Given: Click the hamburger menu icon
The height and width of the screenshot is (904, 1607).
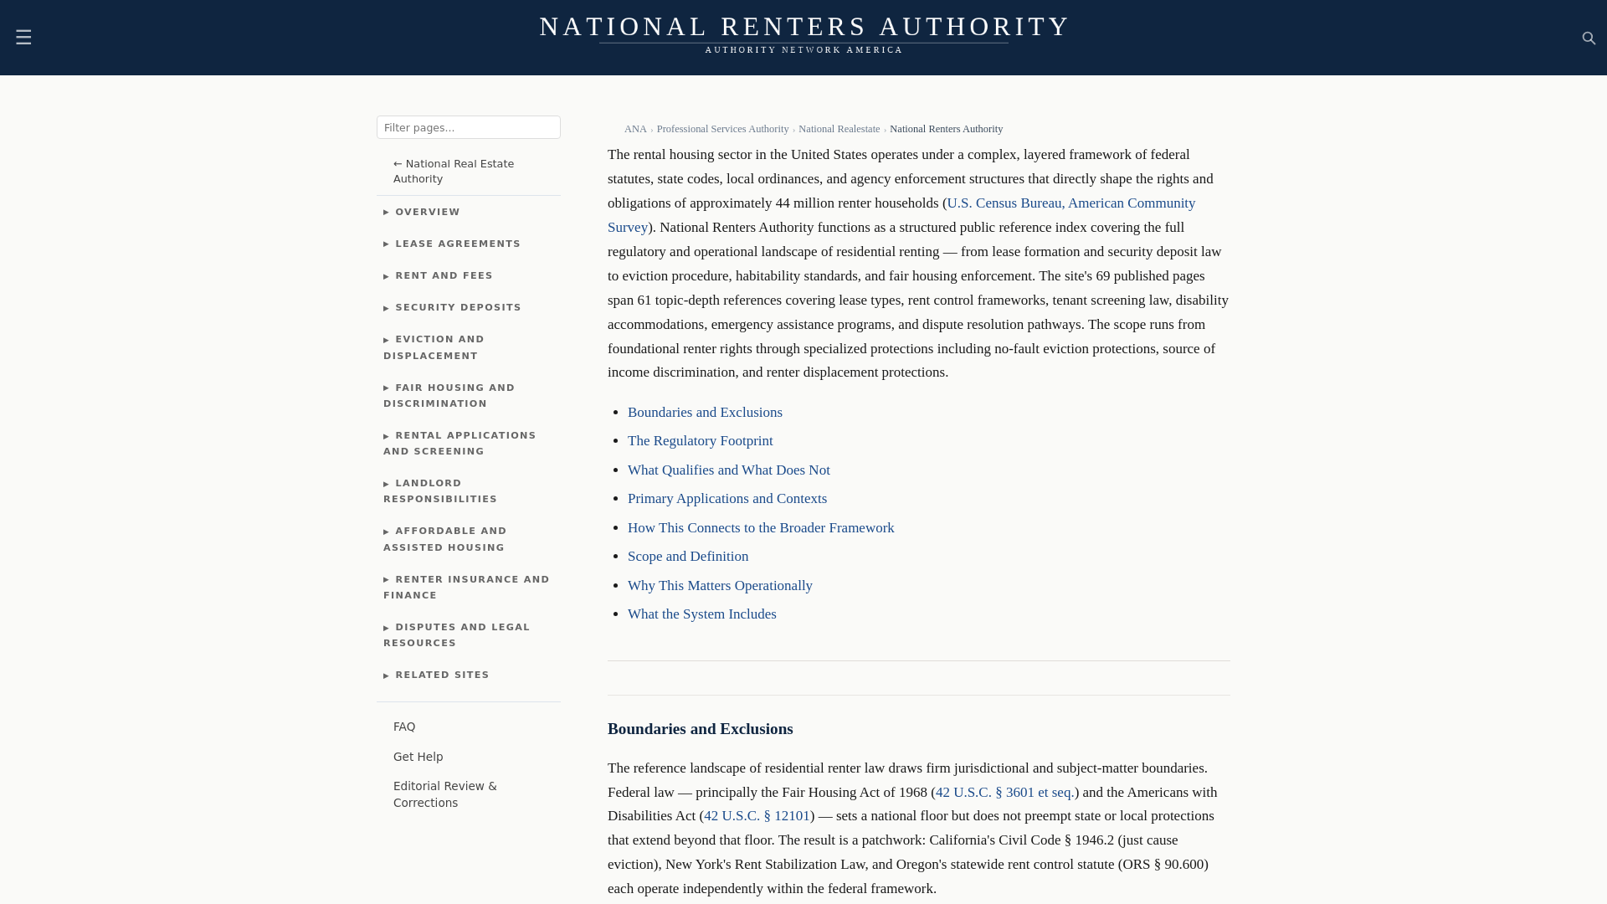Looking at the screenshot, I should [23, 37].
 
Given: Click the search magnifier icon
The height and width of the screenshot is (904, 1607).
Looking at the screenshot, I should [1589, 39].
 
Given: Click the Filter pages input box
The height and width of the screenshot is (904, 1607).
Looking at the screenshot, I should [468, 127].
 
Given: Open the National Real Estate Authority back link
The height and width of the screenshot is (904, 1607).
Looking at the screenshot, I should [453, 171].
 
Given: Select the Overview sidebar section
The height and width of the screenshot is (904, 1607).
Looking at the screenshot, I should [427, 212].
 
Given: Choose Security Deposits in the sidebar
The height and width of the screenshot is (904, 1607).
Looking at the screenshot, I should [457, 307].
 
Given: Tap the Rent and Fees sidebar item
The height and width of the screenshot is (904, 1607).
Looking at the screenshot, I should [444, 275].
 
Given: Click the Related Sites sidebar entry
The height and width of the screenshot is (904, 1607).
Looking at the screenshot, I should [441, 675].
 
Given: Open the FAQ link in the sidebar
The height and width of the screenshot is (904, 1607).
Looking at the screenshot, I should [404, 727].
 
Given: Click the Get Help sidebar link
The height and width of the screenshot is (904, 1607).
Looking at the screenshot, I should [418, 757].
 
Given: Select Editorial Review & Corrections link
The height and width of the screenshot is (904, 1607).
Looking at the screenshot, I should [444, 794].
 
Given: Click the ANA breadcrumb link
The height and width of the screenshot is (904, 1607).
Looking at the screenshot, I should [635, 129].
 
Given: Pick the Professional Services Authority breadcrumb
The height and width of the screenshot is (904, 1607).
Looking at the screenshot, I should [722, 129].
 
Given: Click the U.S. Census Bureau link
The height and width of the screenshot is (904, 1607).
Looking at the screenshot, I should [1070, 203].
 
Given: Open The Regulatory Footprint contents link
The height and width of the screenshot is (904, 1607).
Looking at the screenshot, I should [700, 441].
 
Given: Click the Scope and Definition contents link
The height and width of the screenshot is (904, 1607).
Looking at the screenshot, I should [687, 557].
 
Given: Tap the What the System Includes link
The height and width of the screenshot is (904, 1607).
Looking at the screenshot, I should [701, 614].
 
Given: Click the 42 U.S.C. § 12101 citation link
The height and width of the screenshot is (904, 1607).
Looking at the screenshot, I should [756, 816].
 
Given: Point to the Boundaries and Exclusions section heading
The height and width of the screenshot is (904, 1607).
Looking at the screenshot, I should [700, 729].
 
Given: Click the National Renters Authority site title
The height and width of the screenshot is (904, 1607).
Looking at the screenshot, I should [803, 27].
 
